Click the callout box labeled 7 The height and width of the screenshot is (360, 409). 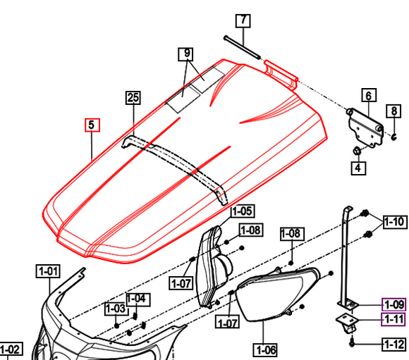pos(242,19)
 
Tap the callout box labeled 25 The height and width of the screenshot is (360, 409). pos(133,98)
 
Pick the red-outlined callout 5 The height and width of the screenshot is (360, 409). pos(92,125)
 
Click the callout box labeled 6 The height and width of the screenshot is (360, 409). pos(367,94)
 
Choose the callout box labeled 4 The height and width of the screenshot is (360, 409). pos(358,168)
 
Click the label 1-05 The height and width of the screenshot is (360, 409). pos(243,210)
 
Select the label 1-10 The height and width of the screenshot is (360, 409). pos(395,223)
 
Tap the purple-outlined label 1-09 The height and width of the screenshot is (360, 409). pos(393,305)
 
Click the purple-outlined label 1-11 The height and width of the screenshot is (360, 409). pos(393,321)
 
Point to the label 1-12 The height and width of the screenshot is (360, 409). pos(393,344)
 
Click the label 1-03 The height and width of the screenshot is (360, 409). pos(115,309)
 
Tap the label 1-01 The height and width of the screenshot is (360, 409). pos(49,271)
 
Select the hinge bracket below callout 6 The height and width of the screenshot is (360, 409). pos(365,125)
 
